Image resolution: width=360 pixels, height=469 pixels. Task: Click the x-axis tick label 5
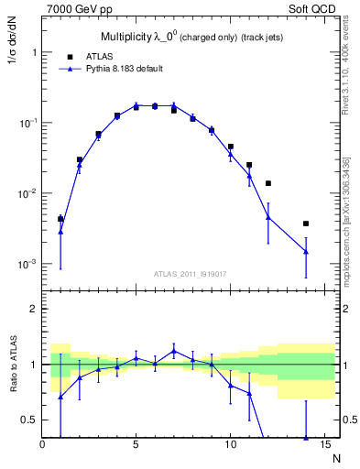point(136,445)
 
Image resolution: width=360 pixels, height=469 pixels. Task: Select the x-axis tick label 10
point(229,445)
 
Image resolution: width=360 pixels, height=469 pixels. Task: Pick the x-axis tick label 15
point(322,445)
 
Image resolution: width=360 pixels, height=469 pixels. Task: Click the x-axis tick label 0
point(42,445)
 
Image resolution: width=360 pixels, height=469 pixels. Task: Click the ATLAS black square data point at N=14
point(305,224)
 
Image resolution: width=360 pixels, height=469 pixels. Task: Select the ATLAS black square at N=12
point(267,183)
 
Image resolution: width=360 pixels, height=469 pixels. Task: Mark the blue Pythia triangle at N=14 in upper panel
point(305,251)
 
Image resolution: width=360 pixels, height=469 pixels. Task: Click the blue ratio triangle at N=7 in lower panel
point(174,351)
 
